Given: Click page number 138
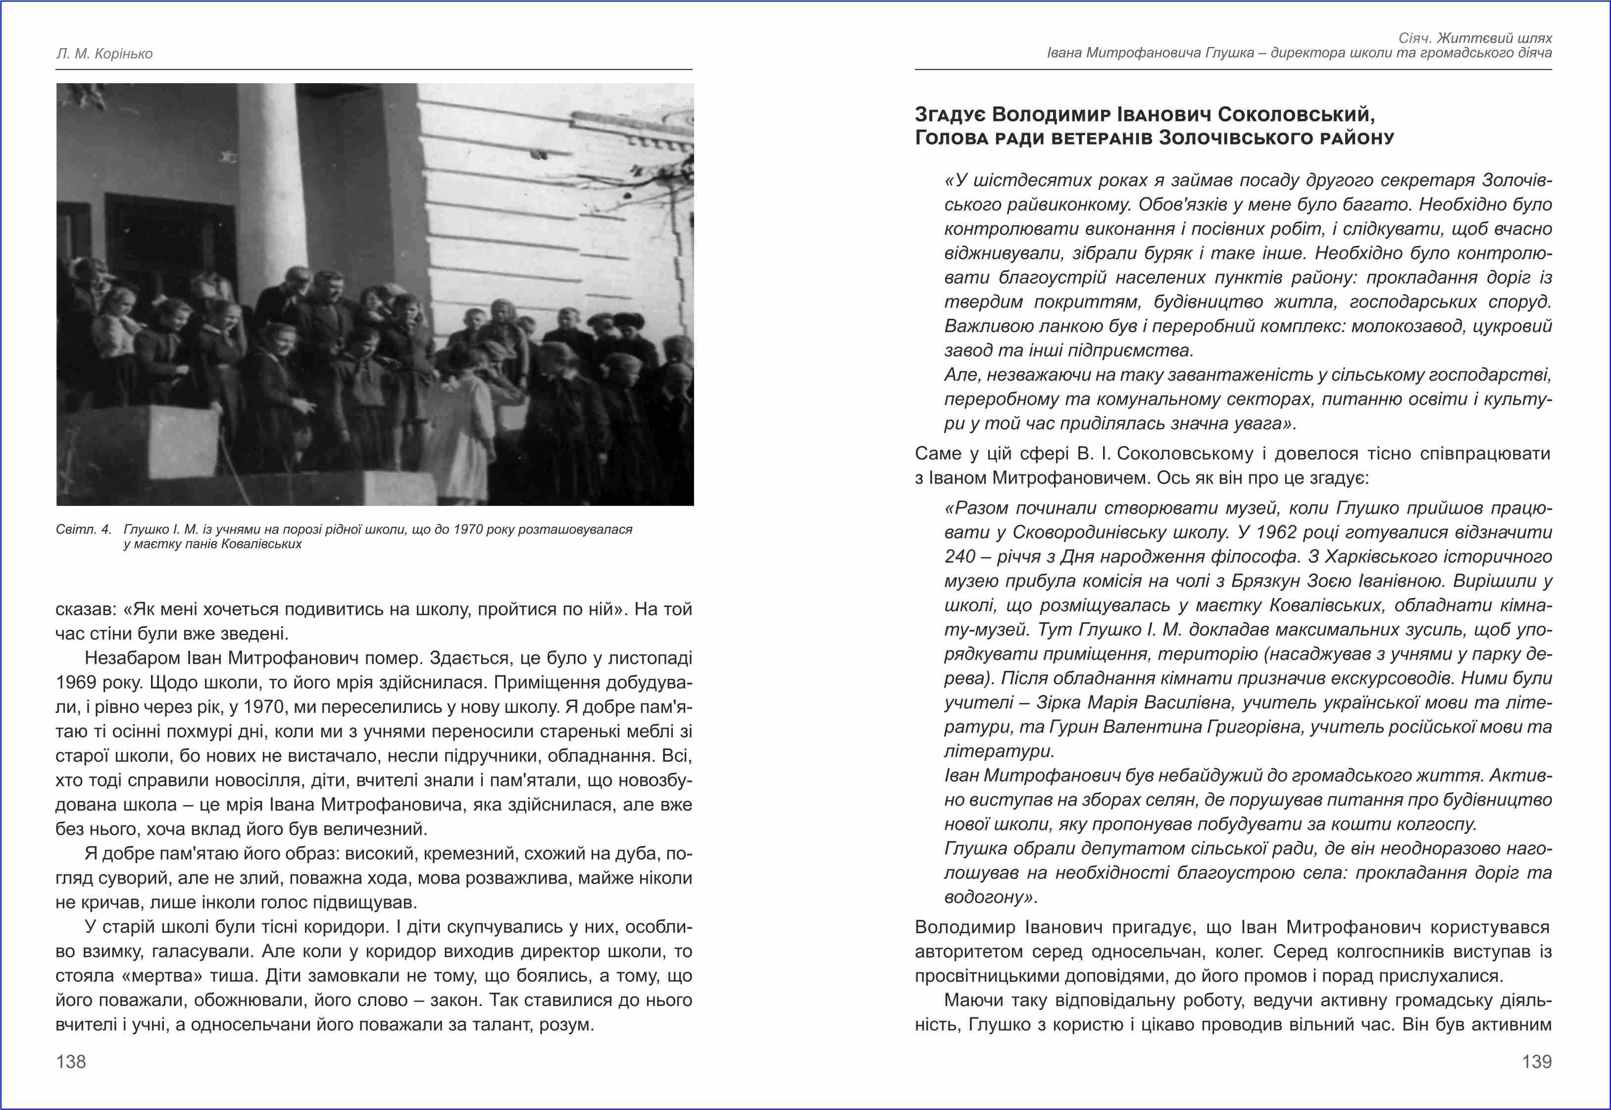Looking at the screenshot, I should (x=71, y=1061).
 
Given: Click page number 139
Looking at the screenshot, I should (x=1537, y=1061).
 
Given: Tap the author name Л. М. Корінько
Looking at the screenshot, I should (x=104, y=53).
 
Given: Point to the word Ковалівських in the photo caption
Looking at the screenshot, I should (x=261, y=544).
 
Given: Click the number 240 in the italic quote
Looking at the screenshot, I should (x=960, y=556).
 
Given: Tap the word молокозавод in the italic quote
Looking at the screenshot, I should (x=1411, y=326).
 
